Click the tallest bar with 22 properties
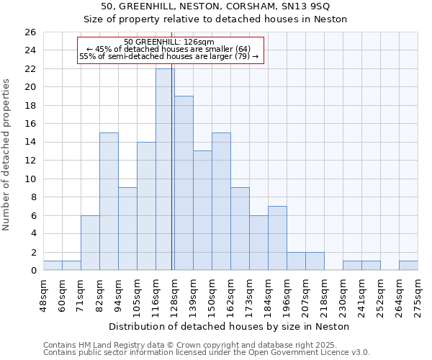165,169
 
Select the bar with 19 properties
184,183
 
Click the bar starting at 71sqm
90,243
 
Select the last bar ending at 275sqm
408,265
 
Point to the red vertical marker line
172,158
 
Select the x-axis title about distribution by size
230,326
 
